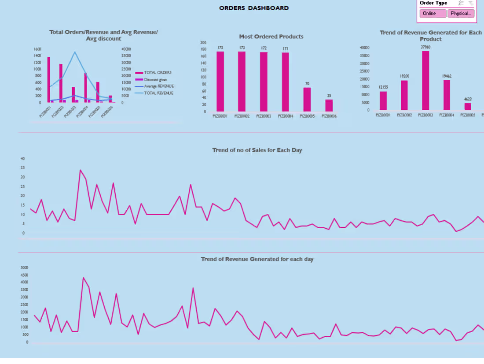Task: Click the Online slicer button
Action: click(x=433, y=14)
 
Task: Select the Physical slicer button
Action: click(x=461, y=14)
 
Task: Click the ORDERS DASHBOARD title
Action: click(x=254, y=8)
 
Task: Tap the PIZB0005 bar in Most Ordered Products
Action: click(x=307, y=100)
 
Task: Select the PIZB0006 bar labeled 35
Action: click(x=329, y=106)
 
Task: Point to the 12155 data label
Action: click(x=383, y=87)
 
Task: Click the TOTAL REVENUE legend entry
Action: click(x=158, y=93)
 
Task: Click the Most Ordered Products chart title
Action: click(x=271, y=37)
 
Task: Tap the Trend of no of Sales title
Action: click(x=257, y=150)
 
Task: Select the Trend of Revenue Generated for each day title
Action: click(x=257, y=259)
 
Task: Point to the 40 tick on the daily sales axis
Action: click(x=22, y=159)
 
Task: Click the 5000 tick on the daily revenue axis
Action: click(x=24, y=267)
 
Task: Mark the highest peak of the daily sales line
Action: click(x=80, y=170)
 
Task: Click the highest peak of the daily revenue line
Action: click(x=83, y=278)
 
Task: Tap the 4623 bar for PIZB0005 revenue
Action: click(x=468, y=107)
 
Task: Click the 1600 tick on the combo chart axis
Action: click(x=37, y=49)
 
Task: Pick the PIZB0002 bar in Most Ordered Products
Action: click(x=242, y=82)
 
